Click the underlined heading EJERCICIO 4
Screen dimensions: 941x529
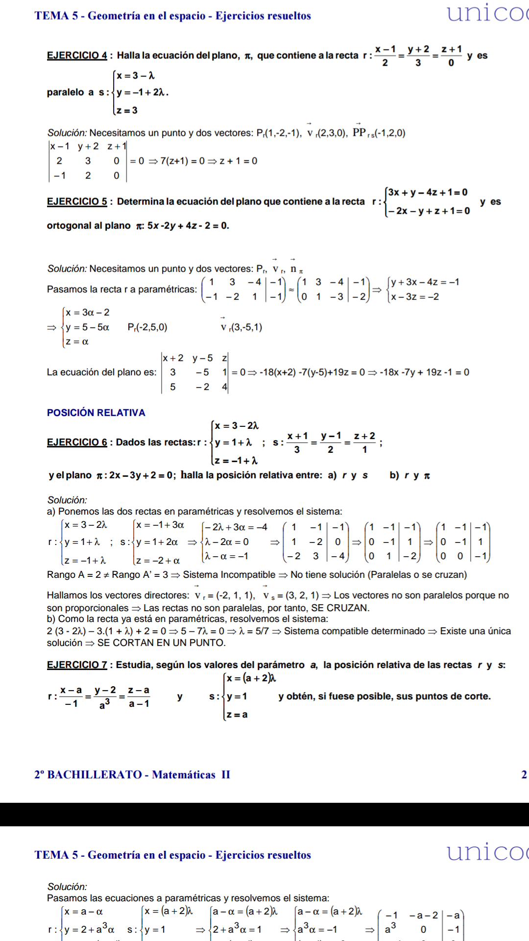[x=77, y=55]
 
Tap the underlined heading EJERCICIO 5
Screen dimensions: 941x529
[x=77, y=201]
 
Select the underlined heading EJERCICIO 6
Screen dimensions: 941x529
[x=77, y=442]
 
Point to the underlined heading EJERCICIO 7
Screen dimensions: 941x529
[x=77, y=665]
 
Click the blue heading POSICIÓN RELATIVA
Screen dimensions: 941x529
[x=96, y=413]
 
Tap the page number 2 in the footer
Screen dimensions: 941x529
[x=524, y=774]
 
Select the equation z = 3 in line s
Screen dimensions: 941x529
[x=127, y=110]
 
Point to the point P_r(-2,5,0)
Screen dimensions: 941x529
[x=147, y=327]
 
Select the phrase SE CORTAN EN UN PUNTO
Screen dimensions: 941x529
[x=162, y=643]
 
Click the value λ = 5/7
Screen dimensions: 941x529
[x=254, y=631]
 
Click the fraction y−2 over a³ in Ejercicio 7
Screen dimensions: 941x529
[x=105, y=696]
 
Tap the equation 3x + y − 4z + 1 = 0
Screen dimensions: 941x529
[x=428, y=192]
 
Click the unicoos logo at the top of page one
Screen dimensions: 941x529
[x=487, y=13]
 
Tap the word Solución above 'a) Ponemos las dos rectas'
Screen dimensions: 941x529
[x=67, y=500]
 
